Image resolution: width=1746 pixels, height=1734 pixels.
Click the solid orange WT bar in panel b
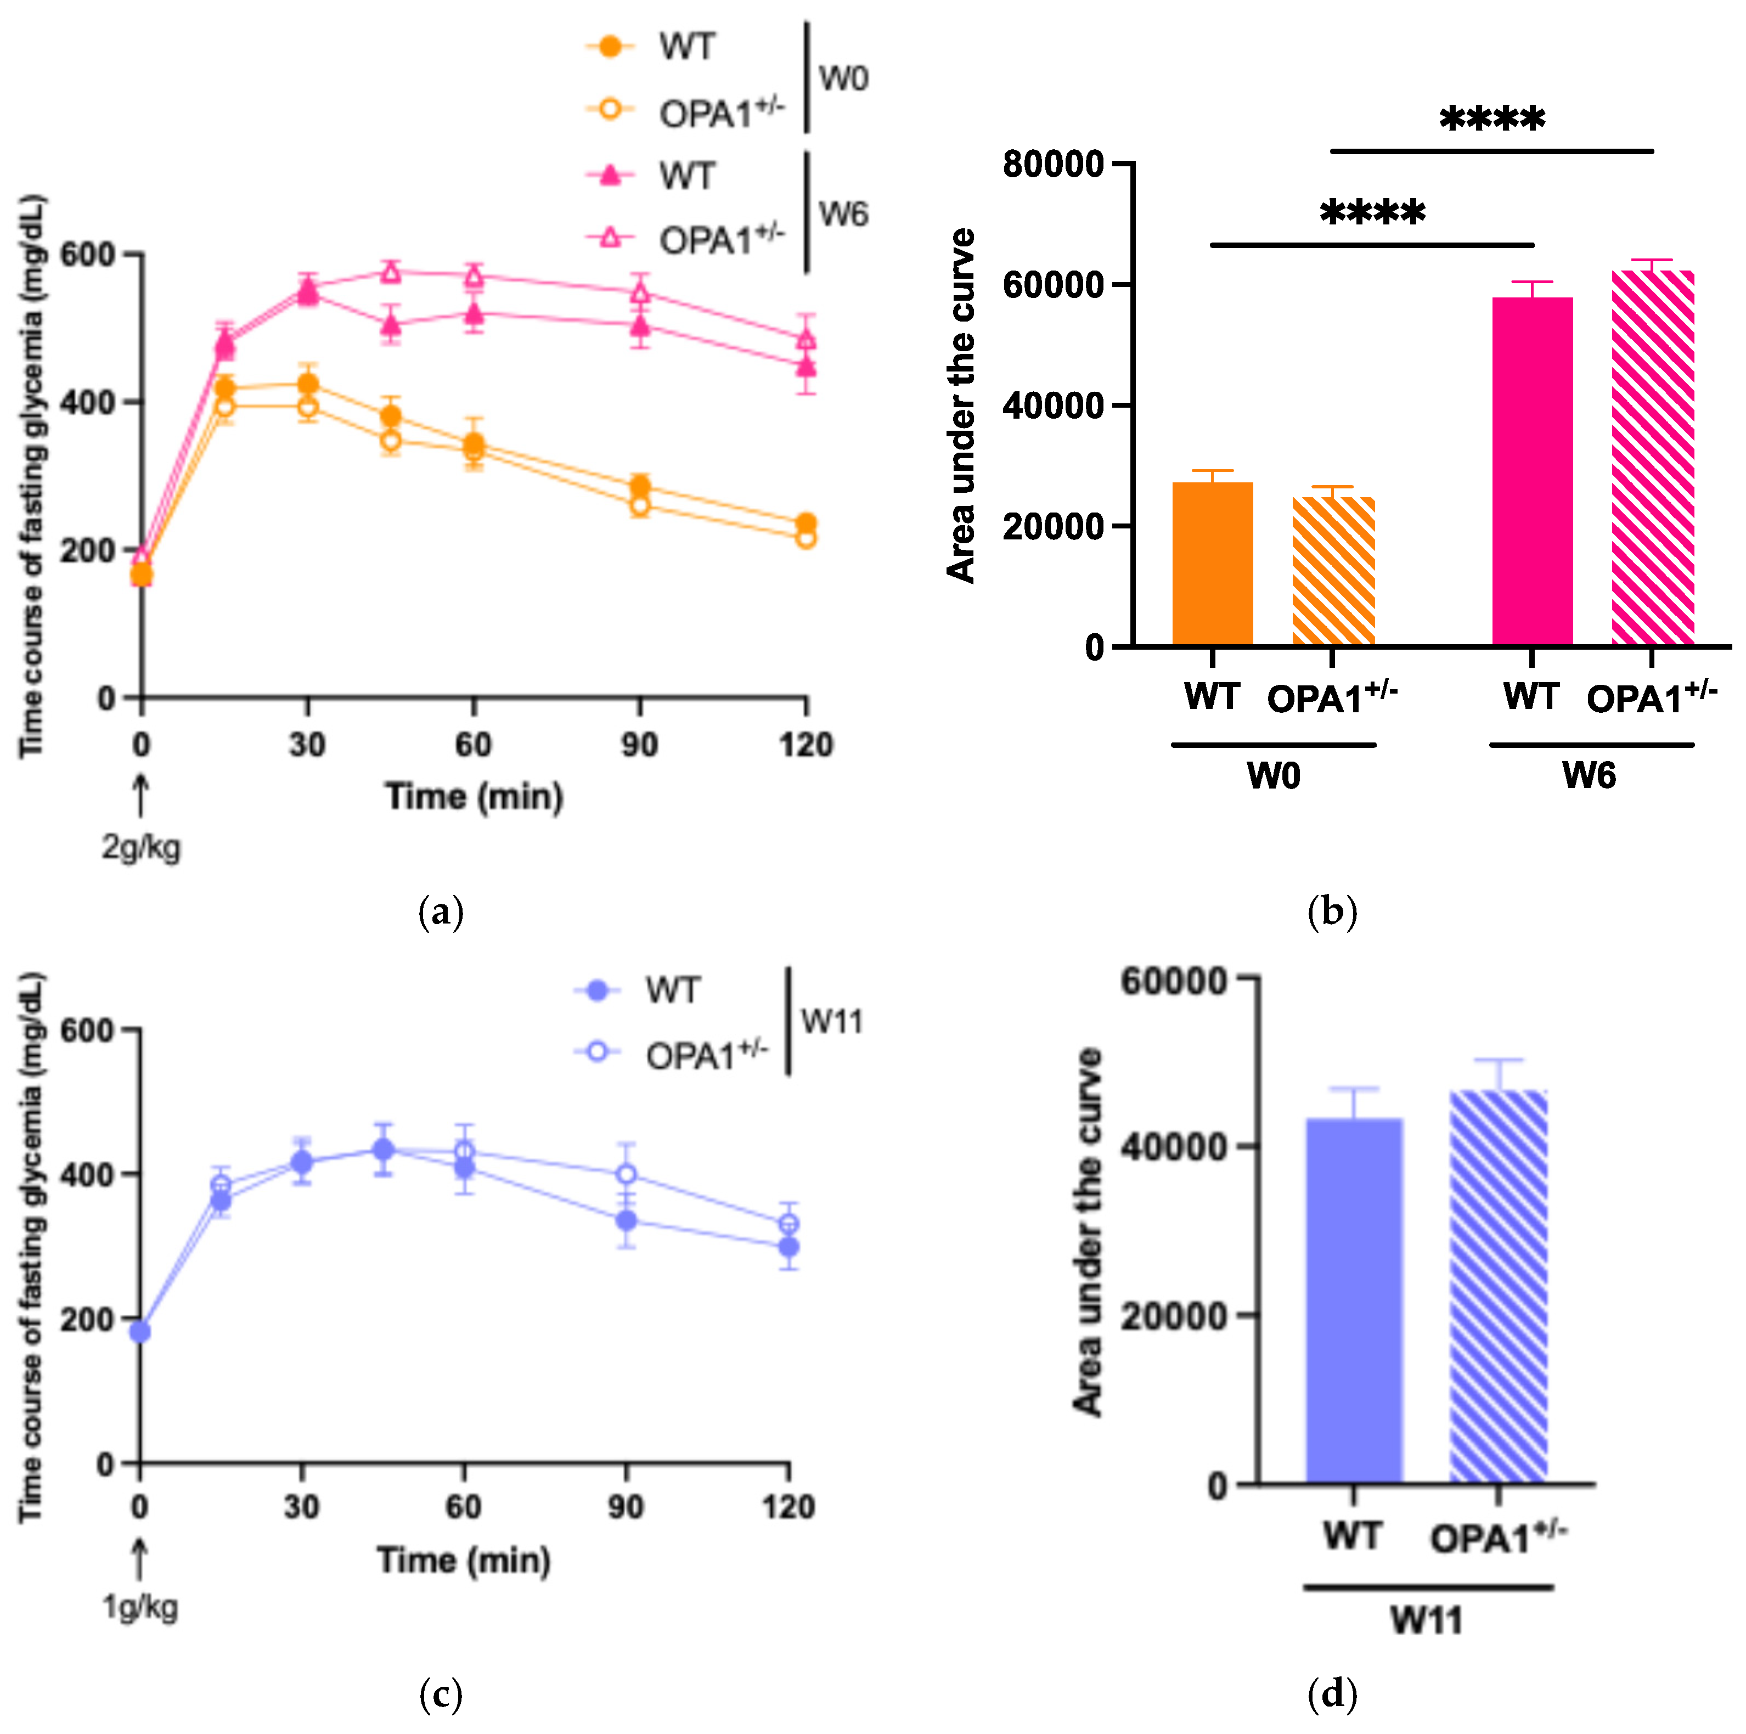point(1212,565)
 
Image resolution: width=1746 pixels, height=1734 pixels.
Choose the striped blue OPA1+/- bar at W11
point(1499,1288)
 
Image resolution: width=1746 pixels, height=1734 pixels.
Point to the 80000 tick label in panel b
point(1053,165)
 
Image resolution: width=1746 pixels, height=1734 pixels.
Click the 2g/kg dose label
point(141,848)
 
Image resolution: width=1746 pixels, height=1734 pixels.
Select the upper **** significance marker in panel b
point(1491,119)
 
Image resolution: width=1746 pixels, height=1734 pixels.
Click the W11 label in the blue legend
point(831,1022)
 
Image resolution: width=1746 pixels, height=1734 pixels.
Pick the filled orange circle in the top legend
point(611,46)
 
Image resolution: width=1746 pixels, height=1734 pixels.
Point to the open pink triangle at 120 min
point(806,340)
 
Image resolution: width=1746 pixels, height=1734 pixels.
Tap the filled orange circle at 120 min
point(806,523)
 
